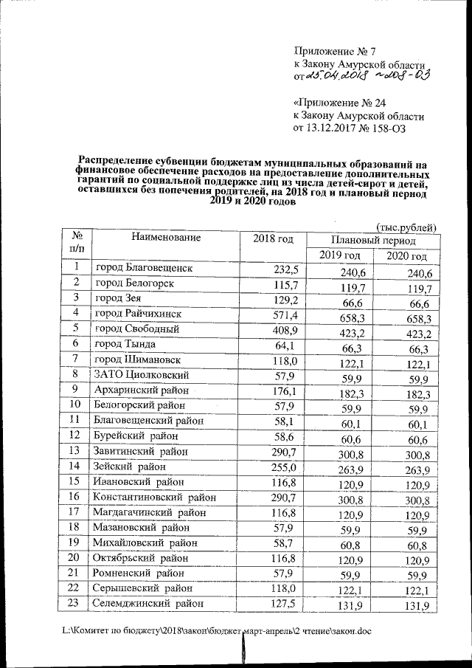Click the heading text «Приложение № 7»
click(x=335, y=52)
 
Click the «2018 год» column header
click(x=273, y=239)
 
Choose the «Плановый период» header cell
click(x=373, y=241)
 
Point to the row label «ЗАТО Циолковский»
click(x=138, y=375)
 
